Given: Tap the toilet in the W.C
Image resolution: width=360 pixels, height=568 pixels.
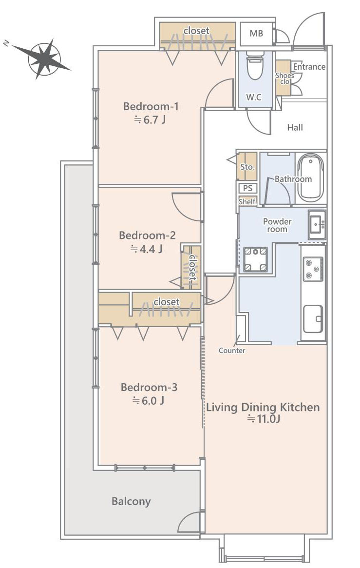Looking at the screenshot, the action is (255, 65).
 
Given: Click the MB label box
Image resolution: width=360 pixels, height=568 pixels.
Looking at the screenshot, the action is (256, 33).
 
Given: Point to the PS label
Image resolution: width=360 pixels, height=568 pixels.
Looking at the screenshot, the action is (247, 188).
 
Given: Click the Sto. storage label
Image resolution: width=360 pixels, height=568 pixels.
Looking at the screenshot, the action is (247, 167).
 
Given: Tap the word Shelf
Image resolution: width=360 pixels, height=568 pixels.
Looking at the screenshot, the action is (248, 201).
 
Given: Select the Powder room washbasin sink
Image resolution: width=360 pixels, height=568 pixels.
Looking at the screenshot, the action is (317, 224).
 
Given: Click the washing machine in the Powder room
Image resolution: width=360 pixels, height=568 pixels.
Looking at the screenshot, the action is (255, 259).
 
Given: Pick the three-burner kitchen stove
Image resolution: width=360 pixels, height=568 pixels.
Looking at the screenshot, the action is (313, 269).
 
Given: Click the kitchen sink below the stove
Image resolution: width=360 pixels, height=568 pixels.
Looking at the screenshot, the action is (313, 319).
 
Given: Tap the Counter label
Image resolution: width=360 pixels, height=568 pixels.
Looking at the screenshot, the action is (232, 350).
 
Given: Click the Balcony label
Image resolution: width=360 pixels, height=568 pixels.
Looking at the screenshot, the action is (131, 502).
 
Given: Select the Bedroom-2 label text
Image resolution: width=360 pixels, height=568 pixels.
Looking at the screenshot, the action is (147, 235).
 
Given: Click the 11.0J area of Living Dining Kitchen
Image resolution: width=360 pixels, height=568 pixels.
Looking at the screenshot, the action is (264, 419).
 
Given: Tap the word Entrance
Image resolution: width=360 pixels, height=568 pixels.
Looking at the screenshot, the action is (309, 67).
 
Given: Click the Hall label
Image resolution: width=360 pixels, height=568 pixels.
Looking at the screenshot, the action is (295, 127).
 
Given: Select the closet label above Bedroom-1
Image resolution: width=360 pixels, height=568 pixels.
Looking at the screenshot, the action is (196, 31).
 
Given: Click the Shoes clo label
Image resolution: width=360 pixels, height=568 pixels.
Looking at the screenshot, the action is (285, 78).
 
